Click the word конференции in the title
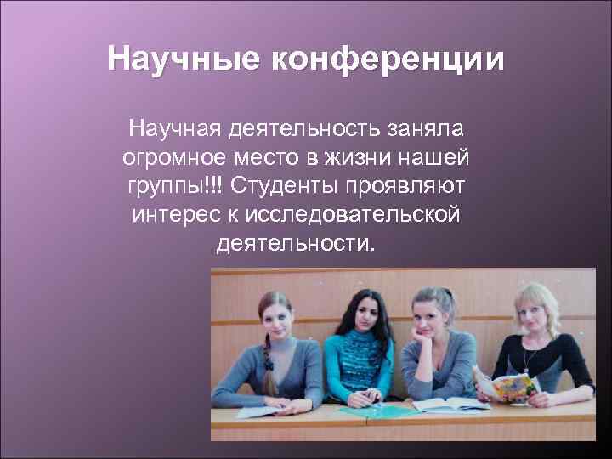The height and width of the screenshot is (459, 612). tap(388, 59)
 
